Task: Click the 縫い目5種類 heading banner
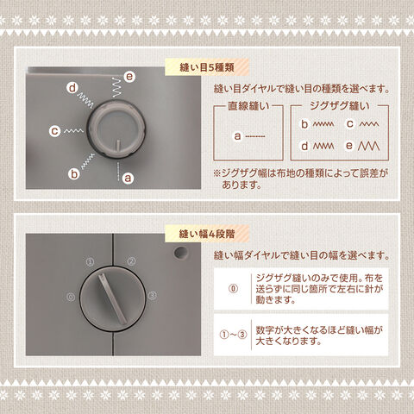coord(207,67)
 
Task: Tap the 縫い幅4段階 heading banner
coord(207,234)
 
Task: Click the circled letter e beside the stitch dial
coord(129,77)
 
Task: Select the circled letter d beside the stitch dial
coord(72,88)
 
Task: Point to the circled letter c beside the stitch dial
coord(54,131)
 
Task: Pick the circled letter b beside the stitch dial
coord(74,174)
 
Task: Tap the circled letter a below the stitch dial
coord(128,178)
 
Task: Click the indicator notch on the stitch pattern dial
coord(118,145)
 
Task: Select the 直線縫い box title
coord(248,106)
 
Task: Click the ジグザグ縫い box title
coord(340,106)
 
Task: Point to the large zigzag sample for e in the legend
coord(368,146)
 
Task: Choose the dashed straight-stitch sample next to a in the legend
coord(255,136)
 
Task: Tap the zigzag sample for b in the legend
coord(323,124)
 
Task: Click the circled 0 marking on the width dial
coord(71,297)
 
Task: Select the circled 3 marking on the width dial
coord(153,295)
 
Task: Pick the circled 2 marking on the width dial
coord(131,261)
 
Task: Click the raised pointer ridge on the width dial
coord(112,299)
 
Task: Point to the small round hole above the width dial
coord(181,253)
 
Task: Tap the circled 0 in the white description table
coord(233,289)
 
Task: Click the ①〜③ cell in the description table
coord(233,335)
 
